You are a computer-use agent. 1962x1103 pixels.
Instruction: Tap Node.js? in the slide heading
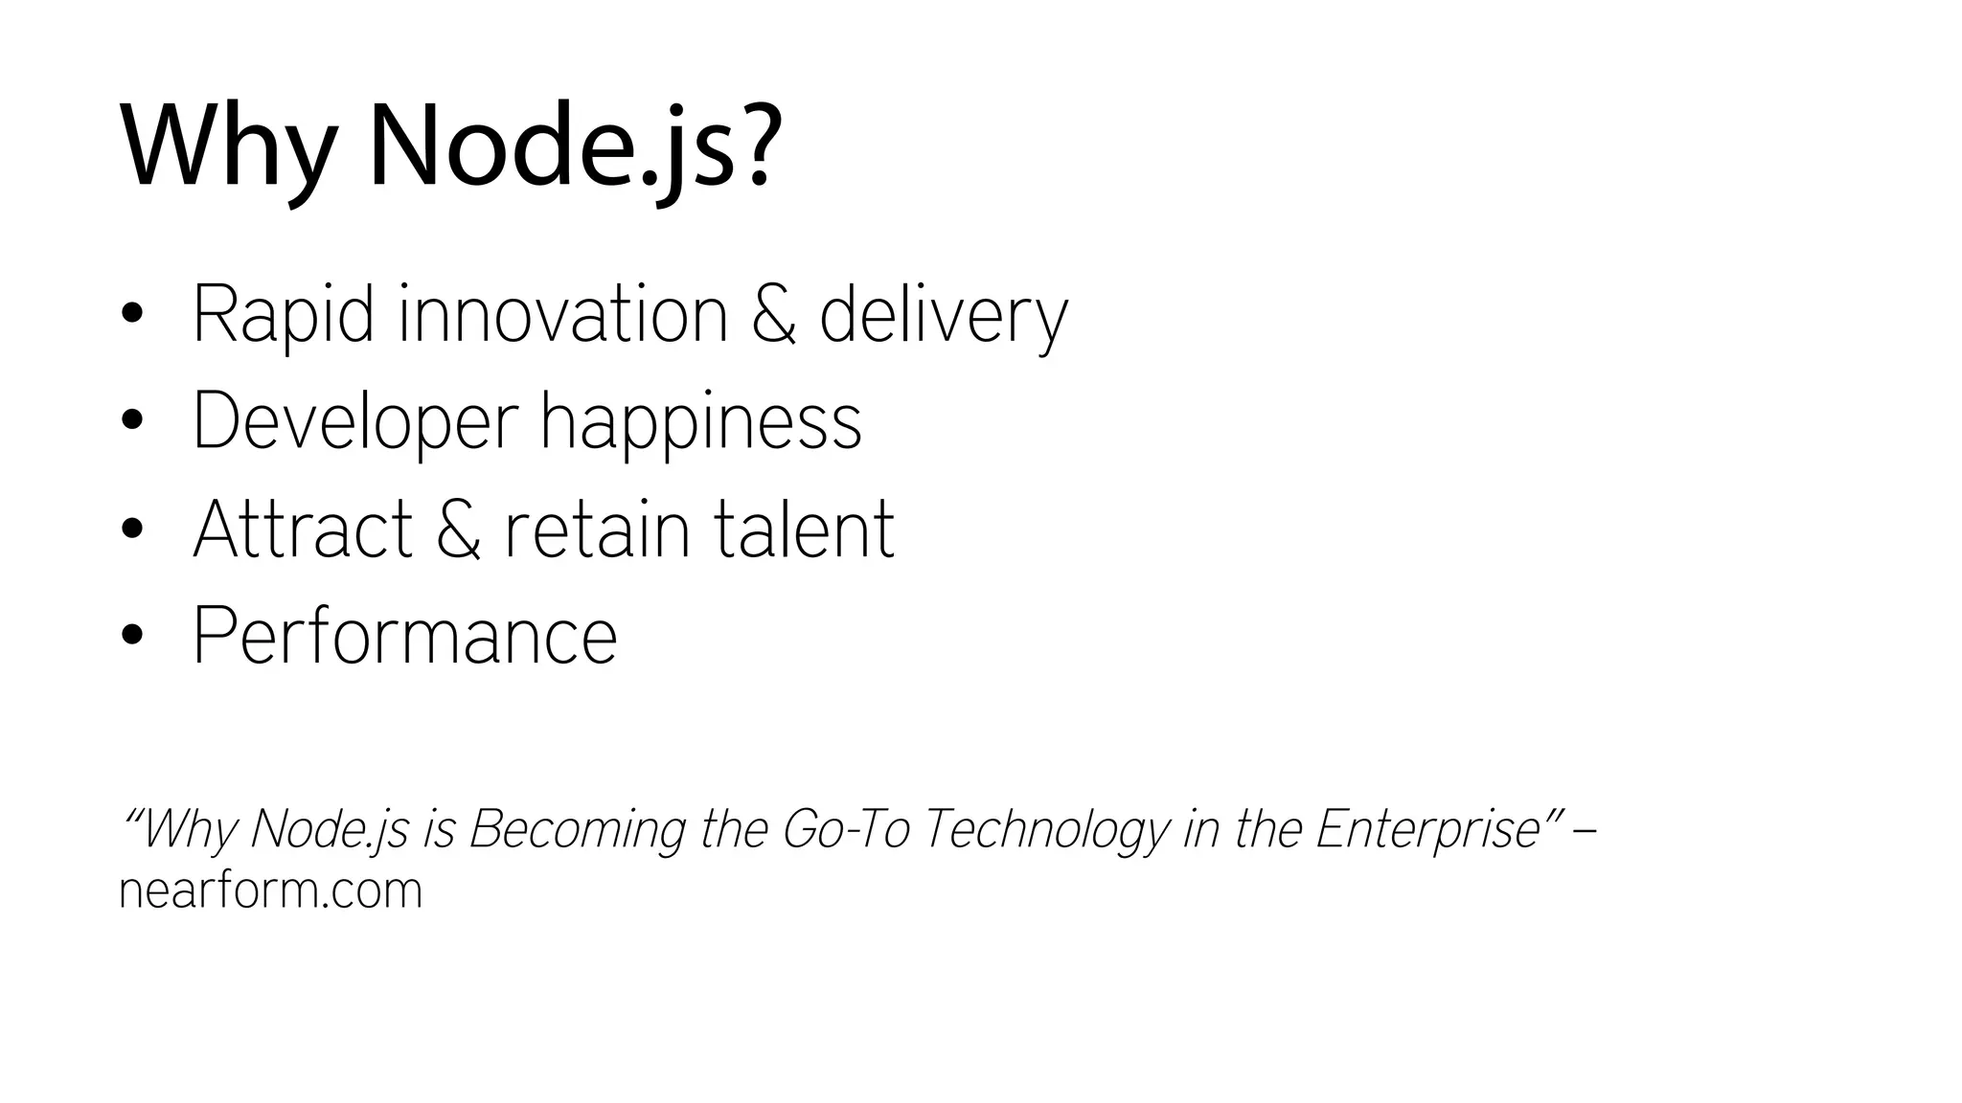pyautogui.click(x=569, y=148)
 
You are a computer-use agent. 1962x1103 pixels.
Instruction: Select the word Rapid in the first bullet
pyautogui.click(x=284, y=314)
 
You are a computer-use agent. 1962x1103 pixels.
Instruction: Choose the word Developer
pyautogui.click(x=354, y=421)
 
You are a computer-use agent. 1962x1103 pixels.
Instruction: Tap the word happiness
pyautogui.click(x=700, y=421)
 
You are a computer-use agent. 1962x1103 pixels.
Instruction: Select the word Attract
pyautogui.click(x=303, y=529)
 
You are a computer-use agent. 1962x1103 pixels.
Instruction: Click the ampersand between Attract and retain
pyautogui.click(x=459, y=529)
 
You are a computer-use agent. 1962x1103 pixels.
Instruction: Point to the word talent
pyautogui.click(x=804, y=529)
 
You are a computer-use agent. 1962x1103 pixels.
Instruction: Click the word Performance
pyautogui.click(x=405, y=636)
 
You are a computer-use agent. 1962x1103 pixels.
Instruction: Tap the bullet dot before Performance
pyautogui.click(x=132, y=636)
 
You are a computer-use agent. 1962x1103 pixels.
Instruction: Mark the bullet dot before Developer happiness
pyautogui.click(x=132, y=421)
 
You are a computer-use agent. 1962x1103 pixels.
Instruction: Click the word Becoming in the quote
pyautogui.click(x=577, y=829)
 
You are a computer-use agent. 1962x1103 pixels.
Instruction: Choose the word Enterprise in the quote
pyautogui.click(x=1427, y=829)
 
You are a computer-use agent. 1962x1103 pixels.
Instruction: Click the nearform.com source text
pyautogui.click(x=270, y=890)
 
